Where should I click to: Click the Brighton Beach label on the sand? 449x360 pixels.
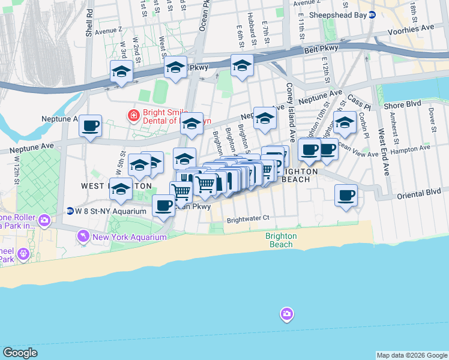pos(281,240)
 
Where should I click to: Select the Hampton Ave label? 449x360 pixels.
pos(417,148)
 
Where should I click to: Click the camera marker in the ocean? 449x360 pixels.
pos(286,314)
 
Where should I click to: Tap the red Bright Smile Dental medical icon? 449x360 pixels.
pos(133,115)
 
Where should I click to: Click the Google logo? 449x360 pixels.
pos(20,352)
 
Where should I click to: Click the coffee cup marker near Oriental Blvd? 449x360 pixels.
pos(346,196)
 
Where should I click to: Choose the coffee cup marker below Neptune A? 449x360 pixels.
pos(90,126)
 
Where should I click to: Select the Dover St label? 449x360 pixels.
pos(432,119)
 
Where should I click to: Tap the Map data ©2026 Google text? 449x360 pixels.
pos(412,355)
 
